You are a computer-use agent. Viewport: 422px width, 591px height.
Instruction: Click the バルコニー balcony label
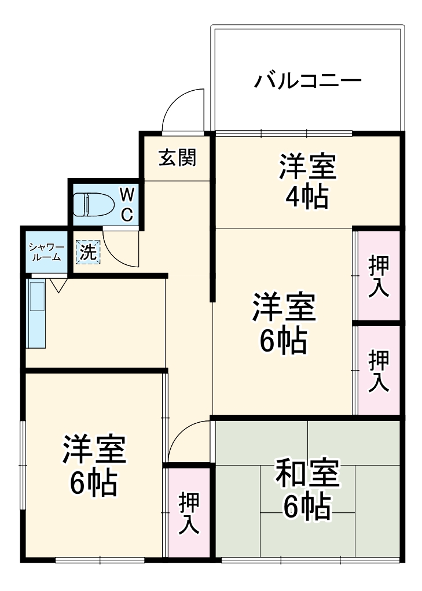pos(308,80)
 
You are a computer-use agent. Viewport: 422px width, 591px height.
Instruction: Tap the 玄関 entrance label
pos(177,157)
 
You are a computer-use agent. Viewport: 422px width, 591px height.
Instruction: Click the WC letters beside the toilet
pos(127,204)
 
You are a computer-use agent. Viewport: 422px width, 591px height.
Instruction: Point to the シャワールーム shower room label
pos(45,252)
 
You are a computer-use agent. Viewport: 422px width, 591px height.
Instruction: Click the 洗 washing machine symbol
pos(87,252)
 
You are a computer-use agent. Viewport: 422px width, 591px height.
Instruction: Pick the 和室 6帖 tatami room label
pos(307,489)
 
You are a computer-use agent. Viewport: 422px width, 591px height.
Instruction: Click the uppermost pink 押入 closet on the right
pos(379,276)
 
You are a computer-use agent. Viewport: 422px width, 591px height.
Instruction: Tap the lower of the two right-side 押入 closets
pos(379,371)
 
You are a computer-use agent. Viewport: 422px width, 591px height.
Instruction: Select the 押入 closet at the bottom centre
pos(189,512)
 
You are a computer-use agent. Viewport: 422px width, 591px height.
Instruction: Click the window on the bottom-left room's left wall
pos(23,465)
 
